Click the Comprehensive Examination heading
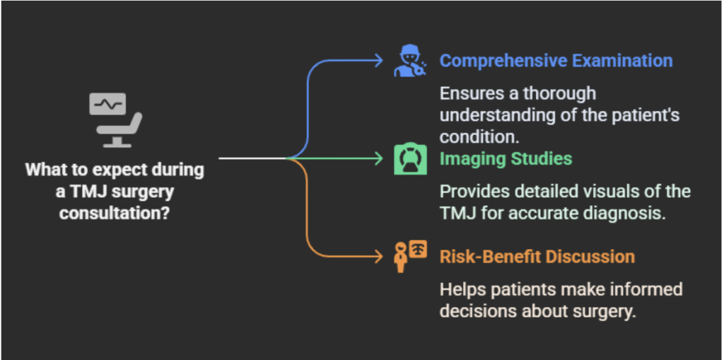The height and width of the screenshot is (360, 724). pyautogui.click(x=556, y=61)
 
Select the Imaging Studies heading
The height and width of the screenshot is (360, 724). pyautogui.click(x=506, y=158)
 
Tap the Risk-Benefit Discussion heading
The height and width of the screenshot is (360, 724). pyautogui.click(x=537, y=256)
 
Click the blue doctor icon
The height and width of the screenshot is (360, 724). pyautogui.click(x=409, y=62)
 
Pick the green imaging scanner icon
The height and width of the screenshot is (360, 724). pyautogui.click(x=409, y=158)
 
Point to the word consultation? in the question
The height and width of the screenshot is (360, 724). pyautogui.click(x=115, y=212)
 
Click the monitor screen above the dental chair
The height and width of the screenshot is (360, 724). pyautogui.click(x=107, y=104)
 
